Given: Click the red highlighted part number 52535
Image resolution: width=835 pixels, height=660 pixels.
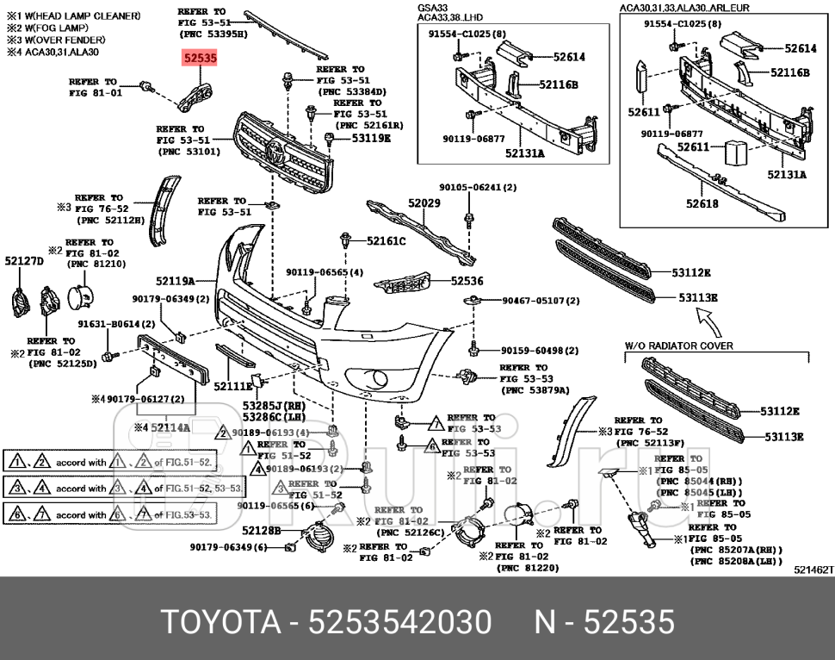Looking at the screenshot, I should click(200, 59).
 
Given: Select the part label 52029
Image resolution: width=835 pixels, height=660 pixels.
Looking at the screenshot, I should click(424, 203).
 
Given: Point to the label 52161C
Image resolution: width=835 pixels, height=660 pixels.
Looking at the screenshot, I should click(386, 241).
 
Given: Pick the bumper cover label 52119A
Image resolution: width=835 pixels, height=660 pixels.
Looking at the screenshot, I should click(175, 281).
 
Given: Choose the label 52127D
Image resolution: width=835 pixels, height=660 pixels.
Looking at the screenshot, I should click(24, 260).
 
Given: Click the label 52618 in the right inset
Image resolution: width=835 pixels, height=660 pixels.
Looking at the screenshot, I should click(702, 203).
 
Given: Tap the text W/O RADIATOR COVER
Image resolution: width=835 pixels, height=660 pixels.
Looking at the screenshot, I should click(679, 346).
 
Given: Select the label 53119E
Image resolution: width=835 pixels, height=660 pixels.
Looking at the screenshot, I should click(370, 138).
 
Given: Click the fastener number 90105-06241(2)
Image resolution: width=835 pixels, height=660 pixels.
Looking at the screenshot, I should click(478, 187).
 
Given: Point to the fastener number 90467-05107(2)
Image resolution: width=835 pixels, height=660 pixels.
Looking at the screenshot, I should click(541, 301).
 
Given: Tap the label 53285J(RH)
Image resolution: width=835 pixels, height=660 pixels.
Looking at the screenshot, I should click(274, 405).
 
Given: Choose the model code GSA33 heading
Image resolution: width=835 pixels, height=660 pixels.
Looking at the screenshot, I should click(434, 7).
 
